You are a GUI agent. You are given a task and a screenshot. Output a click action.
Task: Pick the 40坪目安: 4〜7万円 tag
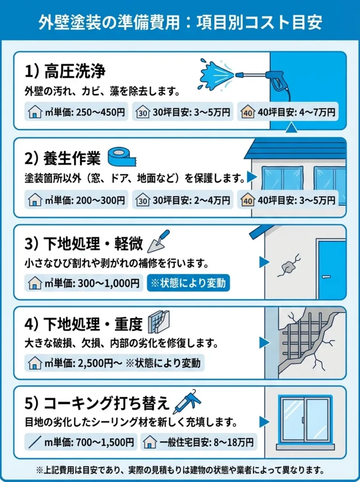[x=288, y=112]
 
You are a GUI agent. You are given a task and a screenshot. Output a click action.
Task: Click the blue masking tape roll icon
[x=122, y=157]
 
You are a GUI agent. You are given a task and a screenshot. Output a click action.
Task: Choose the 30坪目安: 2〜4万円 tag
[x=183, y=200]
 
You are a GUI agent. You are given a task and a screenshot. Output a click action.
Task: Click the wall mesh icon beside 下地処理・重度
[x=159, y=323]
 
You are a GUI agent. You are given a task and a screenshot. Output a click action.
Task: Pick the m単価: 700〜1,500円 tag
[x=81, y=442]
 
